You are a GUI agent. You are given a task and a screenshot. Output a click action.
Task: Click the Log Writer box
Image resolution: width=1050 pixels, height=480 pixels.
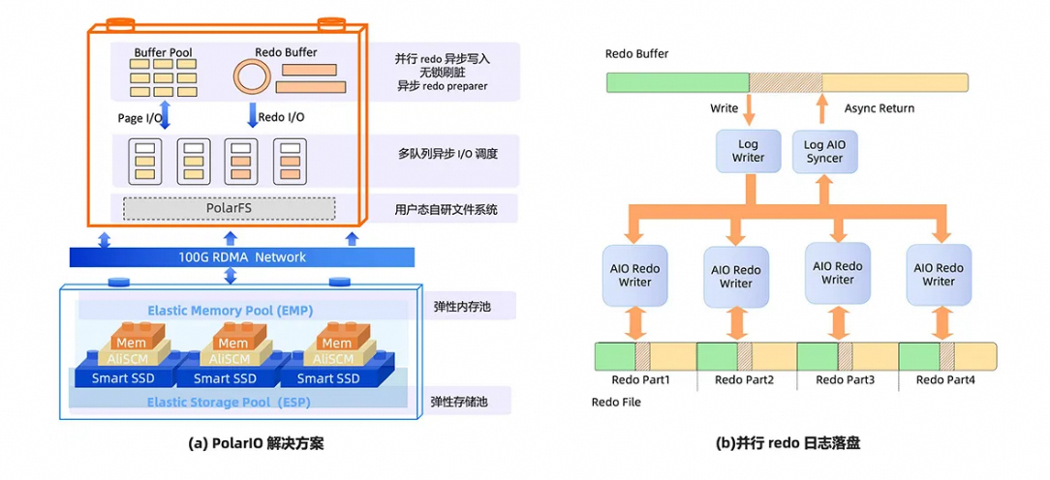coord(748,151)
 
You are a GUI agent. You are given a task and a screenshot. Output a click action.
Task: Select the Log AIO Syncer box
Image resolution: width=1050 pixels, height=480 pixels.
coord(824,151)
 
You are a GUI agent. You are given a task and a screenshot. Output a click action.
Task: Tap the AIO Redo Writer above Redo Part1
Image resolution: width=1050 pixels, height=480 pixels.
coord(635,275)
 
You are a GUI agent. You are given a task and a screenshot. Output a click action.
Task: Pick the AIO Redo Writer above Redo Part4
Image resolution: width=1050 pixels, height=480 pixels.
coord(938,275)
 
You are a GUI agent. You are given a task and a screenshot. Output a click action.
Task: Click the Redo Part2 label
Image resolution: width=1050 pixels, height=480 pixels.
coord(744,379)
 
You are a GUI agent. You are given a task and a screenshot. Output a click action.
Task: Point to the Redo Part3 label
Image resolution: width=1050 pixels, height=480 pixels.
coord(845,379)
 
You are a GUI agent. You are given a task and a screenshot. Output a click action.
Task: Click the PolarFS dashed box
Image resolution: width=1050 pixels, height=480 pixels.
coord(229,208)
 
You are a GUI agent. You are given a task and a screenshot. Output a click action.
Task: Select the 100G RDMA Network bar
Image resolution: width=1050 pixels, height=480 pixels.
coord(242,257)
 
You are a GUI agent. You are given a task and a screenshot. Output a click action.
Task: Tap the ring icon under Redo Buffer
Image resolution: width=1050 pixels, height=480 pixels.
coord(253,76)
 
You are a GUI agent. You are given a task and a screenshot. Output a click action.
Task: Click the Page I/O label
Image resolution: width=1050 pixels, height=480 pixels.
coord(139,118)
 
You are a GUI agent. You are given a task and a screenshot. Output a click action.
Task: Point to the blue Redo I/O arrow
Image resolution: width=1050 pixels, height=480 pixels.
coord(252,117)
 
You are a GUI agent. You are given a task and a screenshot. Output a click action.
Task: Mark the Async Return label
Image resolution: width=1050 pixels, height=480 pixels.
coord(879,108)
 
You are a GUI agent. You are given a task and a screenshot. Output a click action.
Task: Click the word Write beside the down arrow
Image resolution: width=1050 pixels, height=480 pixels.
coord(724,108)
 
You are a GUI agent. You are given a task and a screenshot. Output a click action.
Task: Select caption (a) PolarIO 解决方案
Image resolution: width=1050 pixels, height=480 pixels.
coord(256,444)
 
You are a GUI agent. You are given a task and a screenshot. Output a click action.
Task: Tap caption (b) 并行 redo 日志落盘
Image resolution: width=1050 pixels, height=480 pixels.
coord(787,444)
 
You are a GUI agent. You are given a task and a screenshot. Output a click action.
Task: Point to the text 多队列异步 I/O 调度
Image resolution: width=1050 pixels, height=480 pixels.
coord(447,154)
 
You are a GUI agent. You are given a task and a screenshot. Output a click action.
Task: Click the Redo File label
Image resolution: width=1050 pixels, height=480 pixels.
coord(615,402)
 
